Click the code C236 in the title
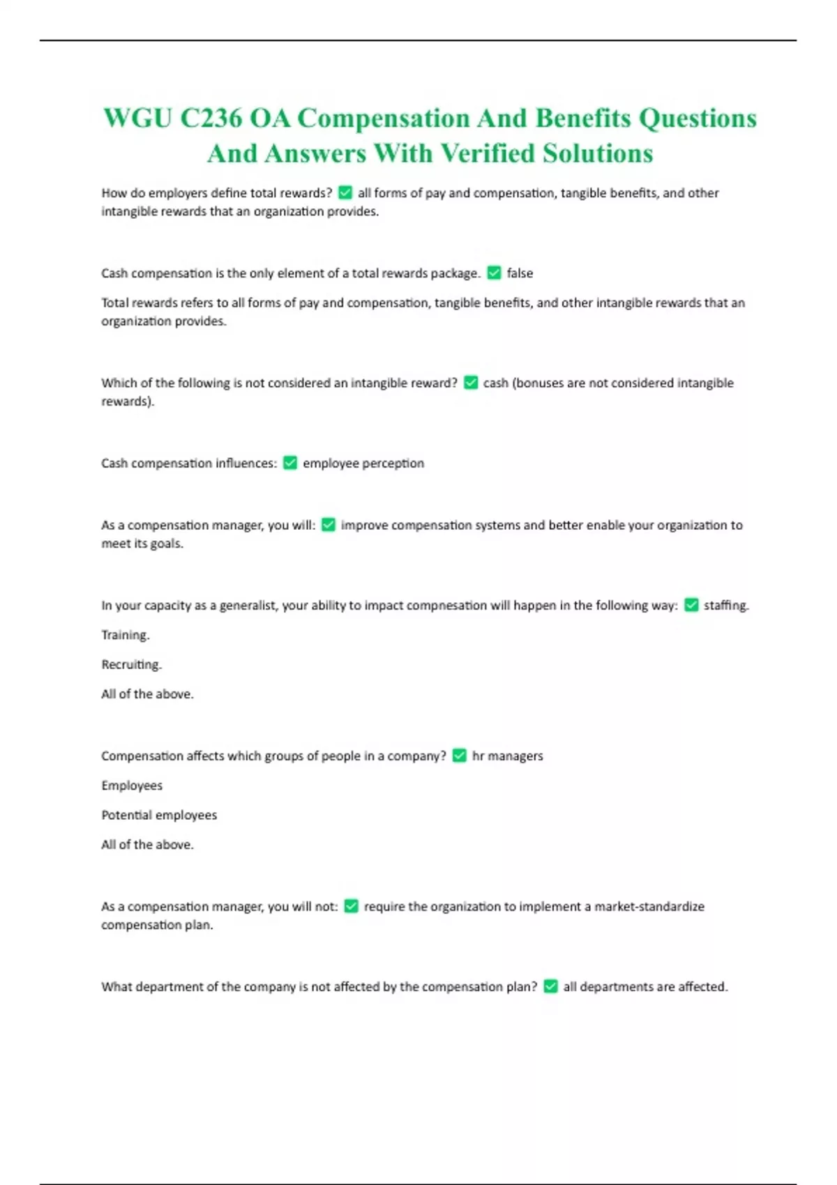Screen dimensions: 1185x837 coord(211,118)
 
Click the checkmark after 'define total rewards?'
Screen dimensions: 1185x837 coord(345,192)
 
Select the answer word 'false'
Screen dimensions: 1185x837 coord(520,273)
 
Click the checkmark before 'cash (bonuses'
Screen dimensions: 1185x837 coord(471,383)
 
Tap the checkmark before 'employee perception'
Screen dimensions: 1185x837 coord(290,463)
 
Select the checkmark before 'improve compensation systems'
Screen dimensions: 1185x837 coord(329,525)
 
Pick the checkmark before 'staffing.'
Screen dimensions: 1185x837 coord(691,605)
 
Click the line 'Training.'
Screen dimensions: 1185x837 coord(126,635)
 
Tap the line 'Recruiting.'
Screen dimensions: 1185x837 coord(131,664)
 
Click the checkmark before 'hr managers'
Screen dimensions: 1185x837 coord(459,756)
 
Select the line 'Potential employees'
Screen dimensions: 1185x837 coord(159,815)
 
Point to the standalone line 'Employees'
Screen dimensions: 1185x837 coord(132,786)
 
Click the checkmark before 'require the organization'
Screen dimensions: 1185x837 coord(352,906)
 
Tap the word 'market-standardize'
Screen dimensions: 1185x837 coord(649,906)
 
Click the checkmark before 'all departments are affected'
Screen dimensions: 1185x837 coord(550,986)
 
